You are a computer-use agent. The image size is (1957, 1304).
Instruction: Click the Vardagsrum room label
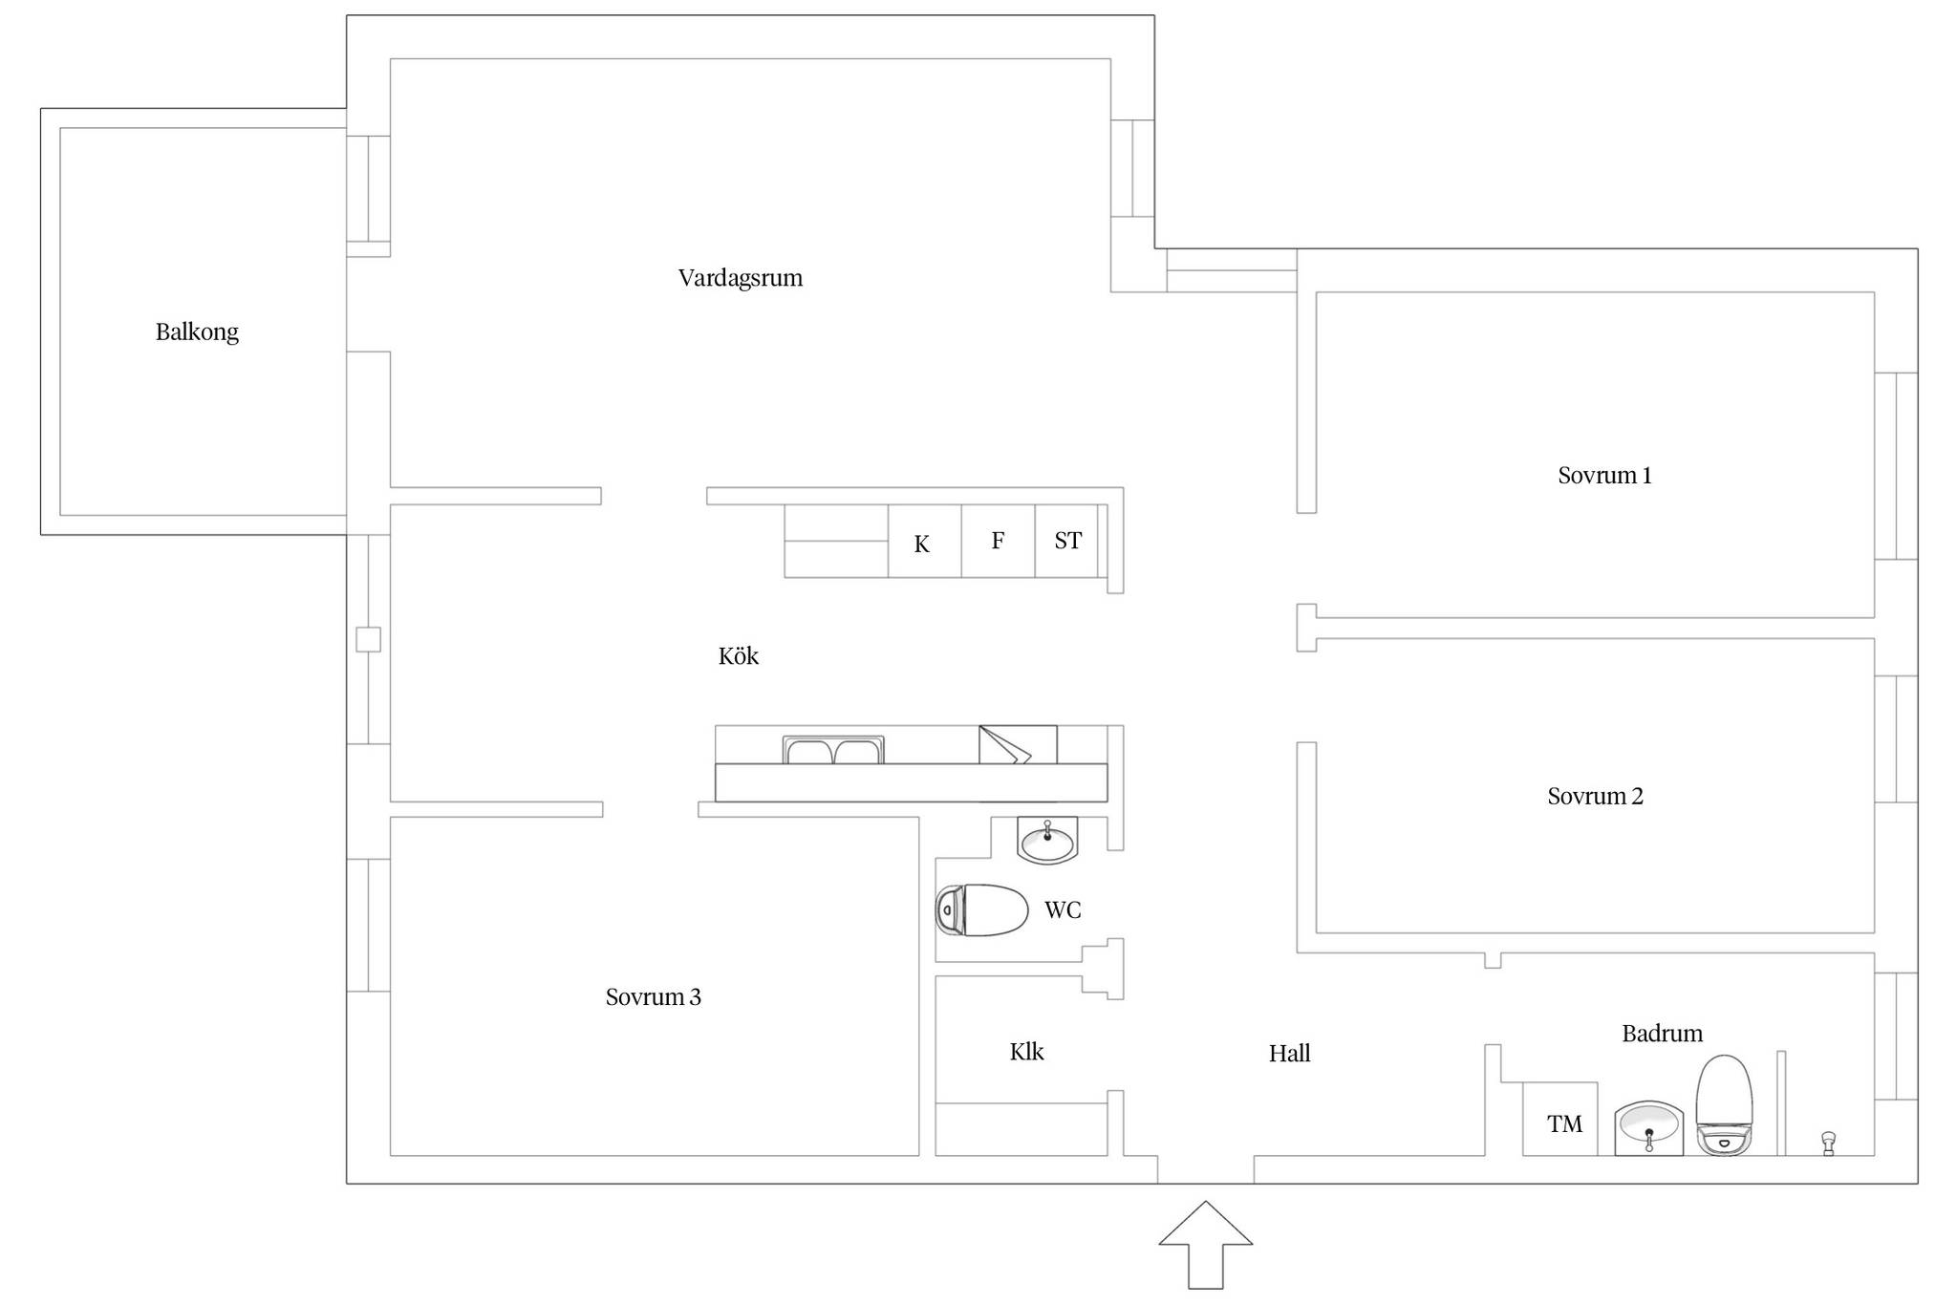point(741,278)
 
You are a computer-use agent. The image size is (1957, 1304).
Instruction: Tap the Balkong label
point(197,331)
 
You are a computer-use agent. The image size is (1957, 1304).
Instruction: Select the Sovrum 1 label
point(1604,475)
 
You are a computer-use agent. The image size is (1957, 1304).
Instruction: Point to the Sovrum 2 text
point(1595,796)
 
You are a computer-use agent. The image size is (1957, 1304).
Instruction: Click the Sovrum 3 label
point(654,996)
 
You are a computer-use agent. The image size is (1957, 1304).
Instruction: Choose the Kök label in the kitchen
point(739,655)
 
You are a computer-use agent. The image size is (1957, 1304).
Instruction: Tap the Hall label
point(1289,1053)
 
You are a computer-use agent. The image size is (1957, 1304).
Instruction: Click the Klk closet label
point(1026,1051)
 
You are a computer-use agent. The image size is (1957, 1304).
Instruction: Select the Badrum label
point(1663,1033)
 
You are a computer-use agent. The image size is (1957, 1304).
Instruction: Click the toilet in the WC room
point(981,909)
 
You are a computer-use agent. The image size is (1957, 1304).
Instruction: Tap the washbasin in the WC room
point(1047,841)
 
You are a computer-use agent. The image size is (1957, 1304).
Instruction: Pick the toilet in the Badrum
point(1724,1105)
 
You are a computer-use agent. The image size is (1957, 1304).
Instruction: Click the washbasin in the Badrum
point(1649,1128)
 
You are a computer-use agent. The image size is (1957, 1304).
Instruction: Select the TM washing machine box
point(1559,1119)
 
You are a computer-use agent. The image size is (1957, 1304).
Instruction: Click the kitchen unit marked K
point(924,541)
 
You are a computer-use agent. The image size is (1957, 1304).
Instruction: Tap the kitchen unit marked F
point(998,541)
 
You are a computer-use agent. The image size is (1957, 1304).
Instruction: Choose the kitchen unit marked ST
point(1066,541)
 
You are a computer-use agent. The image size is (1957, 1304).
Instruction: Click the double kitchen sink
point(833,750)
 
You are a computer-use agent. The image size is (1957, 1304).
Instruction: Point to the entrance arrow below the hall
point(1206,1245)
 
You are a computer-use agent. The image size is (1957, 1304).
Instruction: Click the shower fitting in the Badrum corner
point(1828,1144)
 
